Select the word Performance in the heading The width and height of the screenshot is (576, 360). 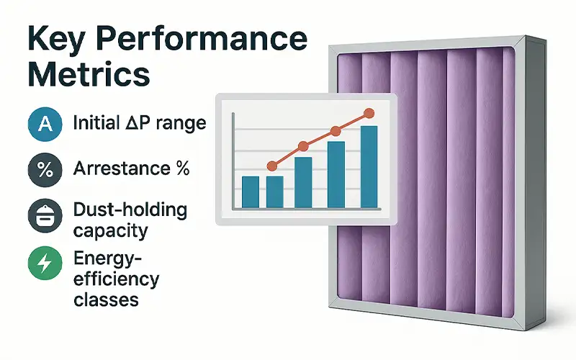(x=202, y=38)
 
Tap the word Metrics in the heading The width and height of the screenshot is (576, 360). (x=89, y=74)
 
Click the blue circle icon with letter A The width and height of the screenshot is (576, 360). (x=45, y=124)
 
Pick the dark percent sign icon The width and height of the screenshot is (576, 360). (x=45, y=170)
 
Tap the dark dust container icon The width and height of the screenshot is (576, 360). (x=45, y=216)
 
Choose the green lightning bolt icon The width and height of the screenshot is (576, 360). (x=45, y=263)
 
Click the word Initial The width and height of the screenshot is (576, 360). (x=96, y=122)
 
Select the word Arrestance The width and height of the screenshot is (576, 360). (x=122, y=168)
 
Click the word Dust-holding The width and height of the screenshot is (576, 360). (x=130, y=210)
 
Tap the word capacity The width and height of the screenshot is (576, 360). (x=111, y=231)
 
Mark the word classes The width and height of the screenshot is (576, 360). (x=106, y=300)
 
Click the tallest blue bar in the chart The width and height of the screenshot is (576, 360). (x=369, y=167)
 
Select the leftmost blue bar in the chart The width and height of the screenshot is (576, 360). (x=251, y=192)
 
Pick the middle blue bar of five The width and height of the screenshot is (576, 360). (x=303, y=183)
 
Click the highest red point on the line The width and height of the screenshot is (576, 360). (x=369, y=114)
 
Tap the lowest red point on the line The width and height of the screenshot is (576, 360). (x=272, y=166)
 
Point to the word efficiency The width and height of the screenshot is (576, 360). (x=117, y=279)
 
